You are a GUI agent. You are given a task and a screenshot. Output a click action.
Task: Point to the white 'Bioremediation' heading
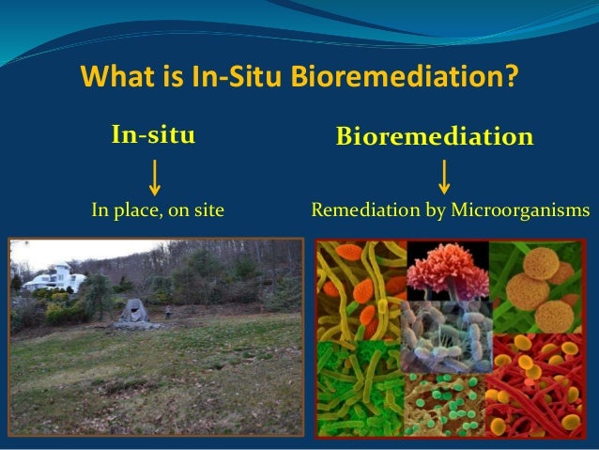(436, 138)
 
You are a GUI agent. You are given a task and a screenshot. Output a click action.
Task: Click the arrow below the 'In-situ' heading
(154, 176)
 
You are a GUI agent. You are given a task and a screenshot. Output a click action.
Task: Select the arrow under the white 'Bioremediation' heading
(444, 176)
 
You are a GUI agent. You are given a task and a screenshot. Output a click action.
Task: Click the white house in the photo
(56, 277)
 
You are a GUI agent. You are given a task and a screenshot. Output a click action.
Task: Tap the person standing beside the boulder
(168, 309)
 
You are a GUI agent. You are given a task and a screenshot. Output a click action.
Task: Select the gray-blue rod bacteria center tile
(446, 338)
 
